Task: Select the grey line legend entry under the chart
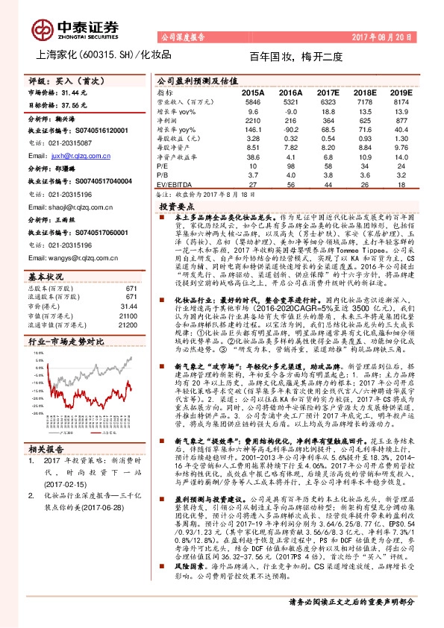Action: click(60, 431)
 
